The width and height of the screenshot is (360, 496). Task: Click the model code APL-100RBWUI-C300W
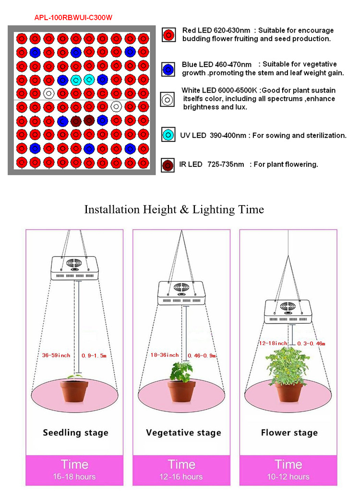click(x=73, y=17)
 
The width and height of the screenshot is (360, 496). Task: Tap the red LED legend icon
click(x=168, y=35)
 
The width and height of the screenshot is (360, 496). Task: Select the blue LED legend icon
click(x=168, y=69)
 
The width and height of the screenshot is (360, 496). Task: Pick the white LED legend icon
click(x=168, y=99)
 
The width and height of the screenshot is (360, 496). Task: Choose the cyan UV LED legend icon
click(x=168, y=135)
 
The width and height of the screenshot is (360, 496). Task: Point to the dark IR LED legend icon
click(x=168, y=165)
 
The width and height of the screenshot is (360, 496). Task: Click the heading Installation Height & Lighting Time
click(x=174, y=210)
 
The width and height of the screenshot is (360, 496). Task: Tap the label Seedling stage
click(x=75, y=433)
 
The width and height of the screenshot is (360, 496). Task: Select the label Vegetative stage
click(x=183, y=433)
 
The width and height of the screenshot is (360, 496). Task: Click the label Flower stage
click(x=289, y=433)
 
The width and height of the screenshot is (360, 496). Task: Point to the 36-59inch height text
click(x=56, y=355)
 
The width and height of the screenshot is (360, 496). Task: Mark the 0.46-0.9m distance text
click(x=202, y=355)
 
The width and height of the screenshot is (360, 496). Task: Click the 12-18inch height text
click(x=273, y=343)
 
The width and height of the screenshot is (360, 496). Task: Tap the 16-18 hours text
click(x=74, y=477)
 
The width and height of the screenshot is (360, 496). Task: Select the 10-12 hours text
click(x=288, y=477)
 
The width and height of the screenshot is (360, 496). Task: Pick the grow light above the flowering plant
click(x=289, y=312)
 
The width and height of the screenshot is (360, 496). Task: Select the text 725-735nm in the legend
click(x=225, y=165)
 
